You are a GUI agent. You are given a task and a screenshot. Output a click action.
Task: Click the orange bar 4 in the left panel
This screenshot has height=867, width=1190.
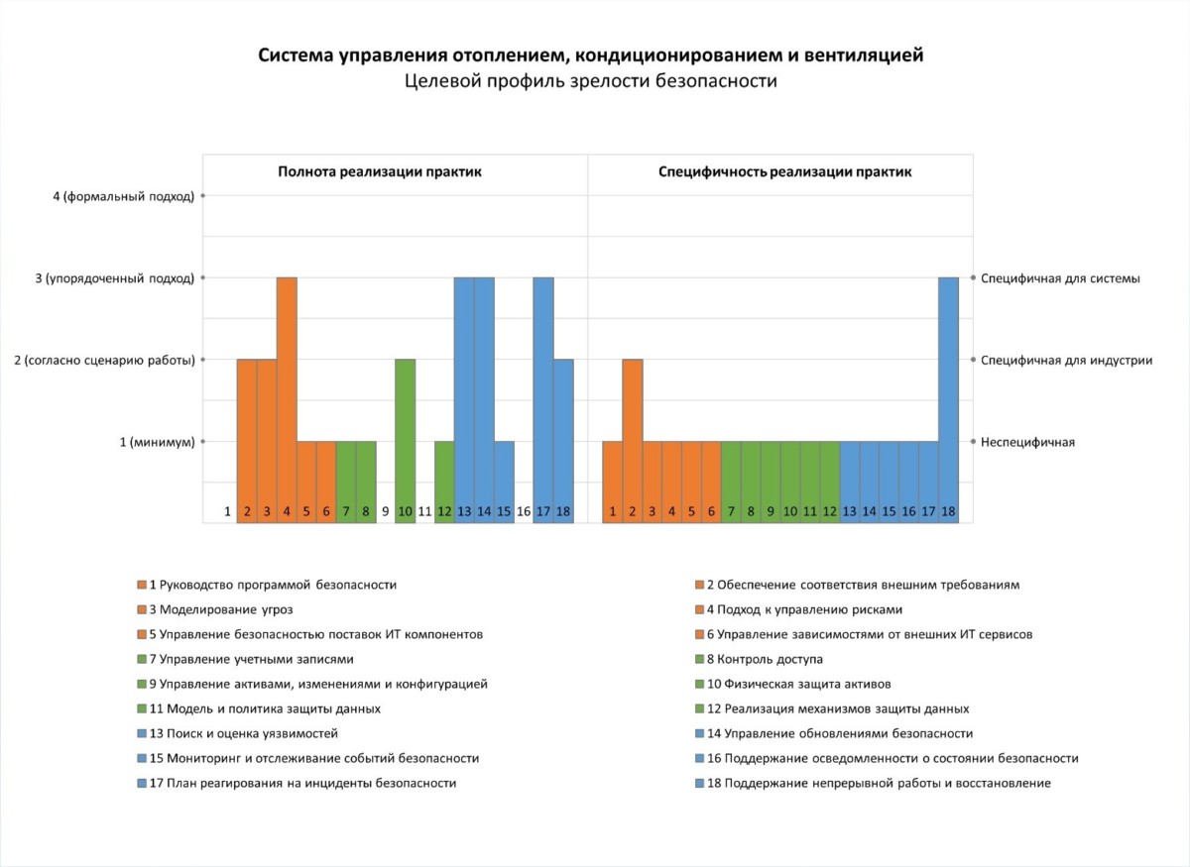coord(287,396)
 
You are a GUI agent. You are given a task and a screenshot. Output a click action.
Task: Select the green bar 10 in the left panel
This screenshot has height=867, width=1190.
coord(405,436)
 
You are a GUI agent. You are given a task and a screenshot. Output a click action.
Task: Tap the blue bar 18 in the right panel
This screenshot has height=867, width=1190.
coord(948,396)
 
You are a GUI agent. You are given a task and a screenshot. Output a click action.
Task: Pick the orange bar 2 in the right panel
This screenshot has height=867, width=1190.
coord(633,436)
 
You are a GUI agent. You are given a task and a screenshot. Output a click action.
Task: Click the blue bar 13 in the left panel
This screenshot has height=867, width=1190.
coord(464,396)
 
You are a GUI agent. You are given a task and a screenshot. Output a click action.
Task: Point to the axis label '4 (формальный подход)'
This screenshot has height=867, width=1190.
coord(124,196)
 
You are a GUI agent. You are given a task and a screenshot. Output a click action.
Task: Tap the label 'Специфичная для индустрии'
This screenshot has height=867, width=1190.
coord(1066,361)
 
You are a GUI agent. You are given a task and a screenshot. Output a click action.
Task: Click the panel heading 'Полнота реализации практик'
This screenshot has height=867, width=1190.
coord(380,172)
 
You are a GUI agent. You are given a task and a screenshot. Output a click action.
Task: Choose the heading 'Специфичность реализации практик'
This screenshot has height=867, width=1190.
coord(785,172)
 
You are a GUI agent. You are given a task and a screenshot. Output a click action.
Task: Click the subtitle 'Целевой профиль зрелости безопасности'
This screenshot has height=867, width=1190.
coord(591,82)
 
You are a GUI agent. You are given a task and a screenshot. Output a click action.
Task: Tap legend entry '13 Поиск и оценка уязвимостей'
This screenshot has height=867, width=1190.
coord(243,733)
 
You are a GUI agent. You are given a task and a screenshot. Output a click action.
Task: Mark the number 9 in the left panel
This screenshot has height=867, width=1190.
coord(385,511)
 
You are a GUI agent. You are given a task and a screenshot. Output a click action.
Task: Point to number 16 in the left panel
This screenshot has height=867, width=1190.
coord(524,511)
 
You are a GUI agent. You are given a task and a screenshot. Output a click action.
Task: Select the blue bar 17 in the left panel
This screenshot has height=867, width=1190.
coord(543,396)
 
